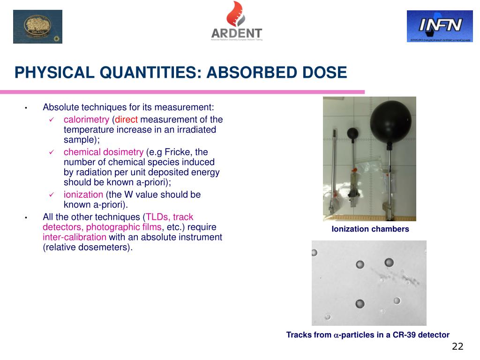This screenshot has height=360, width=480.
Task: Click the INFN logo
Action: pos(433,26)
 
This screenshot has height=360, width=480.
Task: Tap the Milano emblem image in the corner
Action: pos(37,27)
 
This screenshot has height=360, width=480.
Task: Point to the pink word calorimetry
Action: pos(86,120)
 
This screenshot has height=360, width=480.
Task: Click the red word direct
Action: pos(126,120)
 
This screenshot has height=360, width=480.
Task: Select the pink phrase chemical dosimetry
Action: pos(104,152)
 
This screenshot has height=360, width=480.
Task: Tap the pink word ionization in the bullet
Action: pos(83,195)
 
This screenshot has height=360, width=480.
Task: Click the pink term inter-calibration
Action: pos(75,237)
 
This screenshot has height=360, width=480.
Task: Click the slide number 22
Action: pos(457,346)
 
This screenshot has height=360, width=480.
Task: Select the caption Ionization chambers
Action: pos(370,229)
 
